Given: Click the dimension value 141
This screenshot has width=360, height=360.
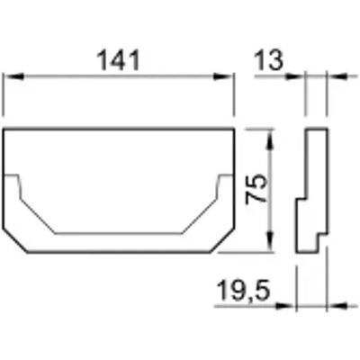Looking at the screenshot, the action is point(119,60).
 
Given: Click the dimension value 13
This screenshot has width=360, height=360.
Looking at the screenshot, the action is point(268,60).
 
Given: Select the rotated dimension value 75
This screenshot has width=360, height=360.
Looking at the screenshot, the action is point(256,189).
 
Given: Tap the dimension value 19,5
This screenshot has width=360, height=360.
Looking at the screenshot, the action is point(243,291).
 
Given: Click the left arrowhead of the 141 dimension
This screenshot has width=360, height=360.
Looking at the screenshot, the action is point(14,76).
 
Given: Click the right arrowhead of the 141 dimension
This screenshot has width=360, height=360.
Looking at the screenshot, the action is point(222,76).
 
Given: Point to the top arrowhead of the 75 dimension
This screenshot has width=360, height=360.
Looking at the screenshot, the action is point(271,139).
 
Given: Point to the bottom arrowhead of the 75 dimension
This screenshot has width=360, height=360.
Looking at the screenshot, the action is point(271,242).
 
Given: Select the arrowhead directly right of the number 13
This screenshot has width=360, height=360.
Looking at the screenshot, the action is point(294,76).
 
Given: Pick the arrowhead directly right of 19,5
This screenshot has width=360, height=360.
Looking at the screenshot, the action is point(284,306).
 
